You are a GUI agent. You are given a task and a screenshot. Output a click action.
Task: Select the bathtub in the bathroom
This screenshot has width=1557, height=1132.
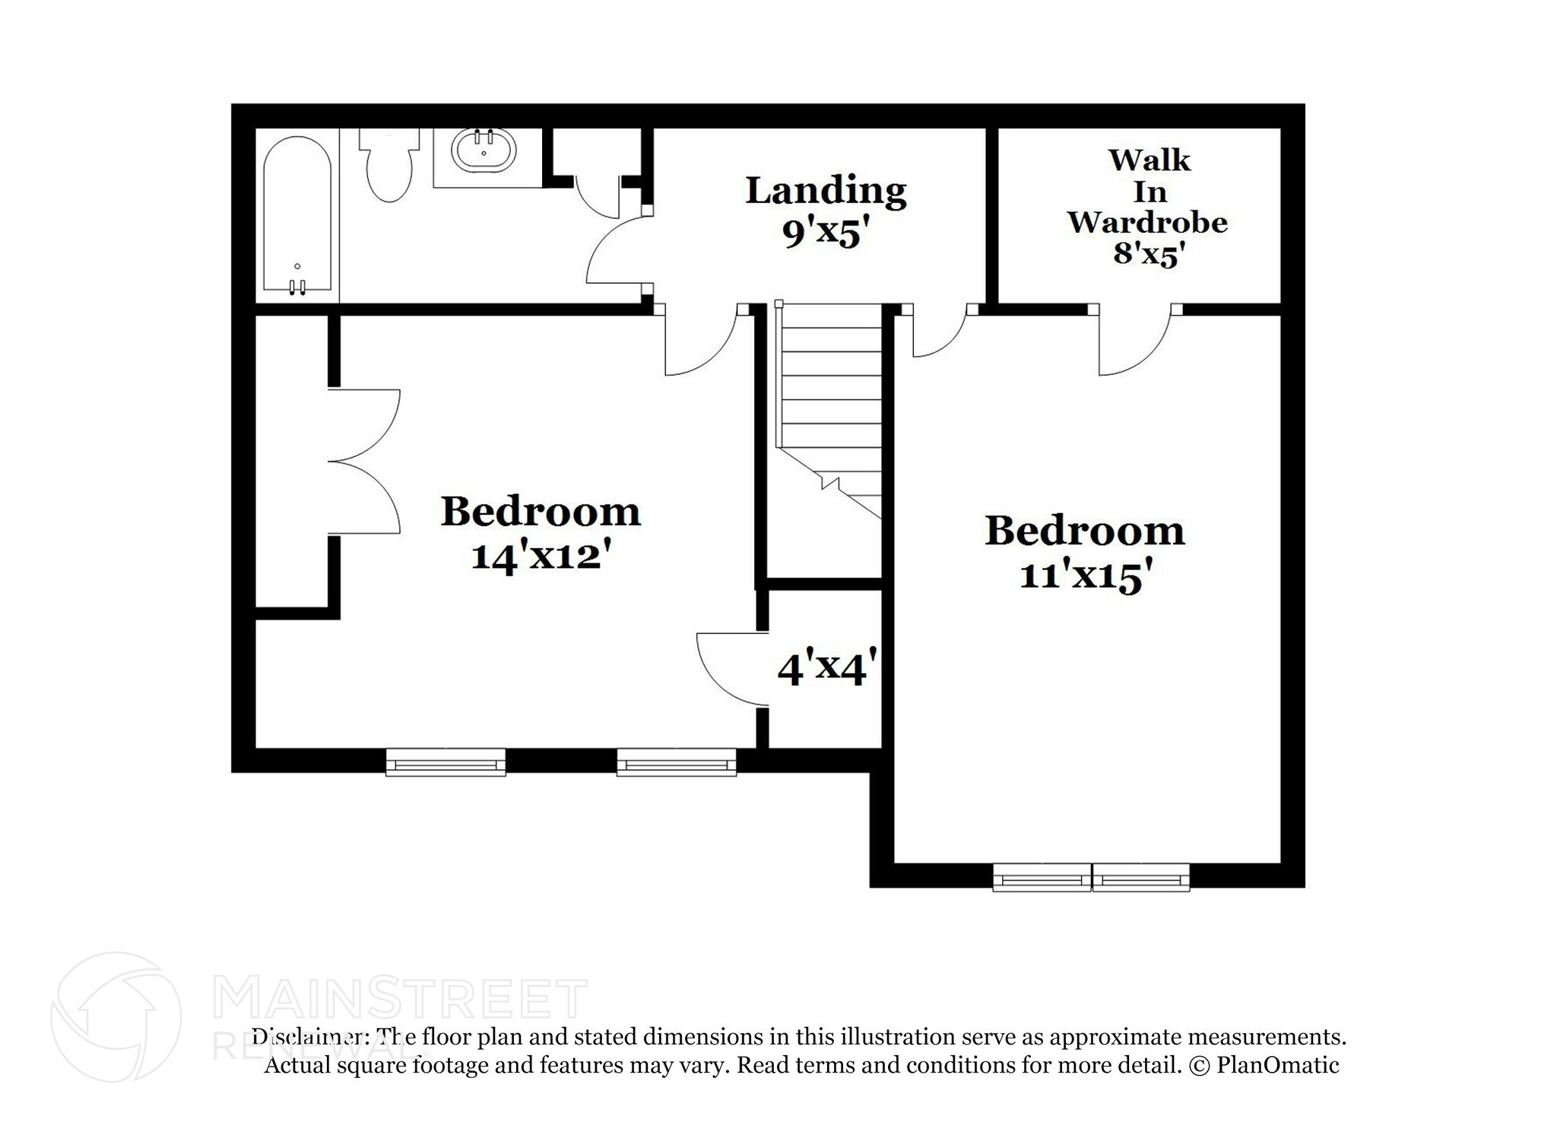(x=297, y=214)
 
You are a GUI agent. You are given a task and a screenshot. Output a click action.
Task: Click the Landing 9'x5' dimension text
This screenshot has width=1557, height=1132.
(x=826, y=233)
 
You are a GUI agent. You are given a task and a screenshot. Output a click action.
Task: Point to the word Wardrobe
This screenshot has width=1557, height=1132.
(x=1147, y=222)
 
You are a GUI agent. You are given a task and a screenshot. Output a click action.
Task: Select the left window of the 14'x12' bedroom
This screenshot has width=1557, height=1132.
(x=446, y=762)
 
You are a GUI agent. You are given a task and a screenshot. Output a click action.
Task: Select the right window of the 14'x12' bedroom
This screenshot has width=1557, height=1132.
(x=676, y=762)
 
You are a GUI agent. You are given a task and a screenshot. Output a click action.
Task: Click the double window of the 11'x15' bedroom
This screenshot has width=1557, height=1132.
(x=1091, y=877)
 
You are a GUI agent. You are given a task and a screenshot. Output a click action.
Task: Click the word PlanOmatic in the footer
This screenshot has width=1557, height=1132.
(x=1277, y=1065)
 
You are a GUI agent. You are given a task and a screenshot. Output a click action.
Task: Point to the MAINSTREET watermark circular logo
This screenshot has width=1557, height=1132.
(x=116, y=1017)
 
